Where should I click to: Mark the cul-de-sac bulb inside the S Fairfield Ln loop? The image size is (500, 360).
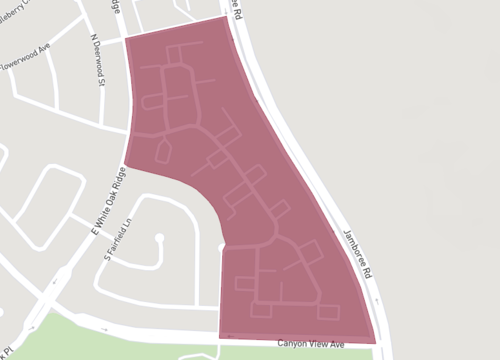(x=159, y=238)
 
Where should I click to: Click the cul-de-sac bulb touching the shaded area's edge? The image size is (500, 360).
(x=222, y=247)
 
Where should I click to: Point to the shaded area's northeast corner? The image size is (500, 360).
(x=227, y=17)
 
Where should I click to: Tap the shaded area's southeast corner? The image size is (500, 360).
(x=377, y=342)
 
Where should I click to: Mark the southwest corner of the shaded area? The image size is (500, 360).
(x=219, y=337)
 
